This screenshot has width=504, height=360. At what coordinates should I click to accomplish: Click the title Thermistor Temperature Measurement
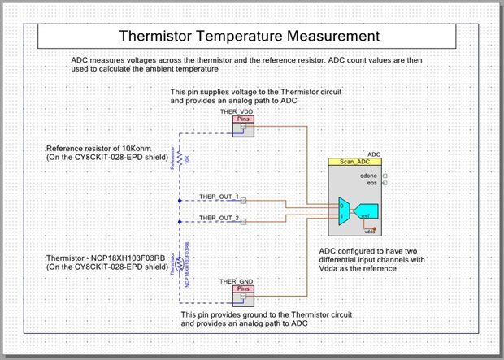pos(249,37)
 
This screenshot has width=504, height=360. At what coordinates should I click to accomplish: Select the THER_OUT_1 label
pos(219,197)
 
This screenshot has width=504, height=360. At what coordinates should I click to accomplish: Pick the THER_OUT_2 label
pos(219,218)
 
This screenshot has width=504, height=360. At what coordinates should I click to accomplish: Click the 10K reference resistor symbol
pos(179,158)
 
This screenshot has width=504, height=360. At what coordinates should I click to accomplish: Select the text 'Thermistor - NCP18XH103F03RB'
pos(106,258)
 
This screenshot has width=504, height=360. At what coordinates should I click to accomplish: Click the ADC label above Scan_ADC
pos(375,153)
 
